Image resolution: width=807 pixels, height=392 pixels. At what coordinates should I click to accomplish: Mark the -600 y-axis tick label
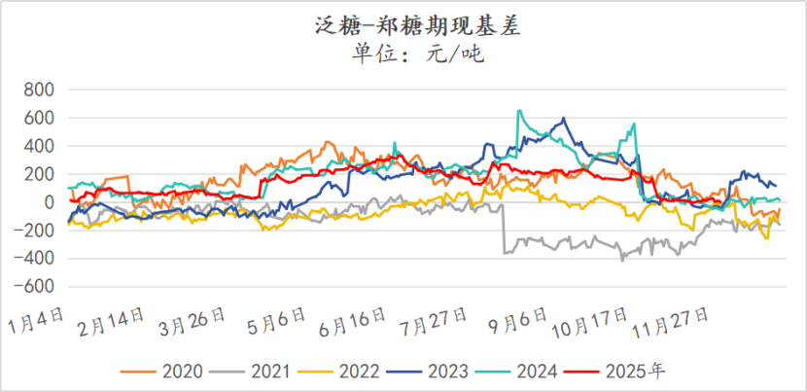[x=35, y=288]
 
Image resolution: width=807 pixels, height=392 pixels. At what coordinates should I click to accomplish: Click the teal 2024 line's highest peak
[x=519, y=111]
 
